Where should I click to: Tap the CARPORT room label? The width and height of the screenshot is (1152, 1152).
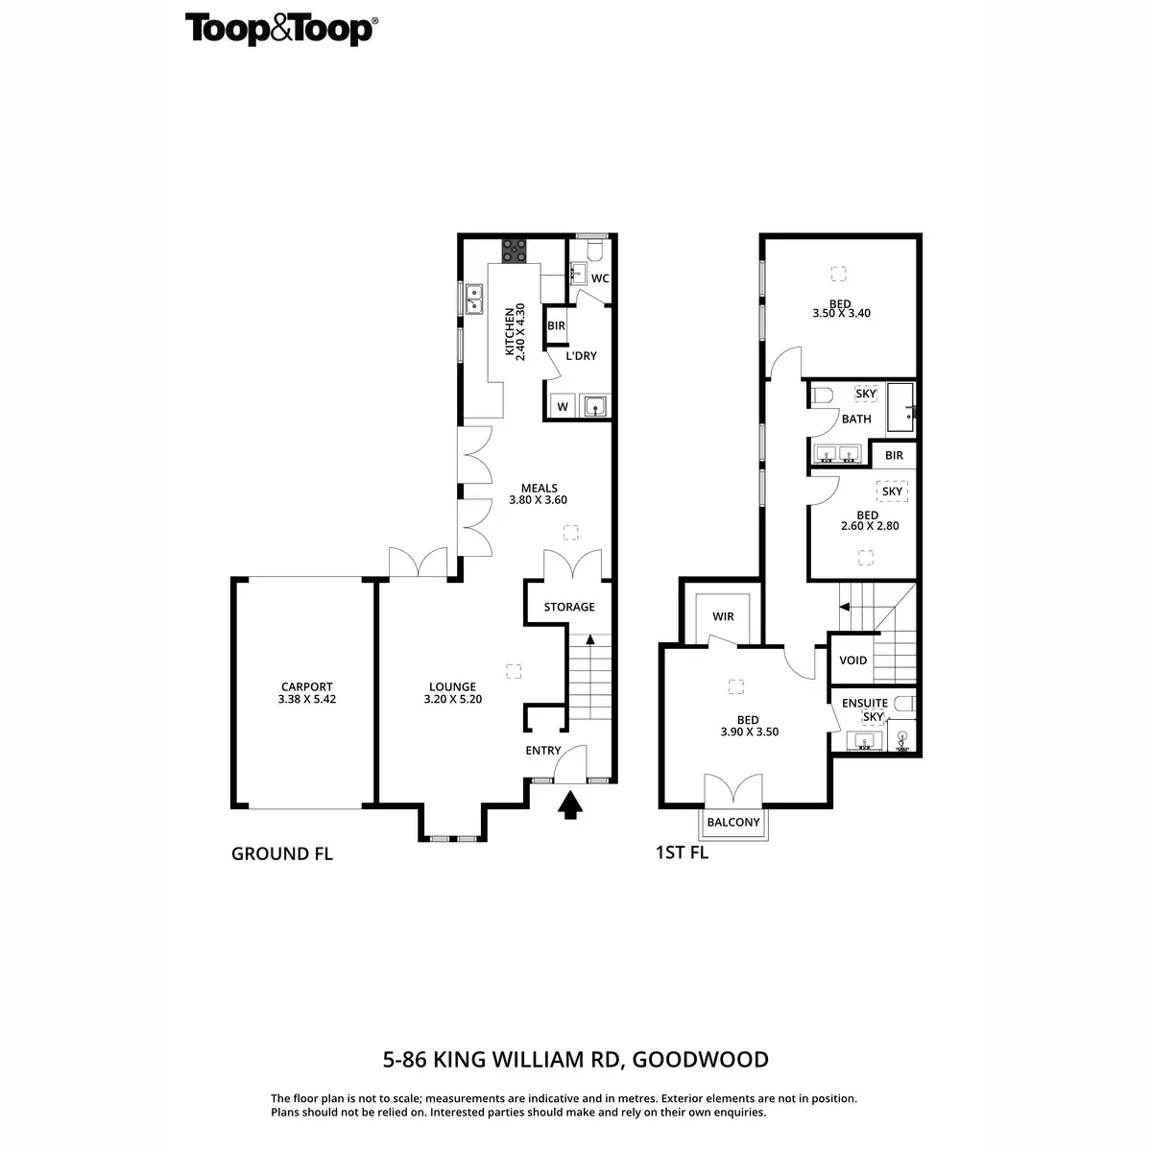pyautogui.click(x=306, y=686)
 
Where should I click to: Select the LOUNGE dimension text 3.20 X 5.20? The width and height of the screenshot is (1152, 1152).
pyautogui.click(x=452, y=700)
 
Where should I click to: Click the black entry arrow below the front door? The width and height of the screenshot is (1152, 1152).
pyautogui.click(x=570, y=804)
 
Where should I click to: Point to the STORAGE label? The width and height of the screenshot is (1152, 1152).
pyautogui.click(x=569, y=607)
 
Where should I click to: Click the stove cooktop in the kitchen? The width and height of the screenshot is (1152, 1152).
pyautogui.click(x=514, y=250)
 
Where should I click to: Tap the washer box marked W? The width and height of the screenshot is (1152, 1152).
pyautogui.click(x=563, y=407)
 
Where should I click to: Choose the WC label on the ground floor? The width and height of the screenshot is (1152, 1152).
pyautogui.click(x=600, y=278)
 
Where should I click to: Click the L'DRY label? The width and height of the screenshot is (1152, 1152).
pyautogui.click(x=581, y=356)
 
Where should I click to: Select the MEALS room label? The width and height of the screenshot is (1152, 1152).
pyautogui.click(x=539, y=488)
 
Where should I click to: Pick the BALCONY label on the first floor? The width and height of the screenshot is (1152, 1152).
pyautogui.click(x=733, y=823)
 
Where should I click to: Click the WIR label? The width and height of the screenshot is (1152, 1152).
pyautogui.click(x=723, y=616)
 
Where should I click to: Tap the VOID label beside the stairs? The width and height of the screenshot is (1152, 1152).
pyautogui.click(x=852, y=660)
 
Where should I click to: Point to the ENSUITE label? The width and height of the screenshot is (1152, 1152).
pyautogui.click(x=864, y=703)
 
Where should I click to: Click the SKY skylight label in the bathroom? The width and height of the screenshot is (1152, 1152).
pyautogui.click(x=866, y=394)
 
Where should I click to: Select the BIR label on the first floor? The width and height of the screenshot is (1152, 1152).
pyautogui.click(x=894, y=455)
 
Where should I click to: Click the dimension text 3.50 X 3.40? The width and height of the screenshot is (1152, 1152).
pyautogui.click(x=841, y=313)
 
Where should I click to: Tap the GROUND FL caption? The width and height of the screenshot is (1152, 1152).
pyautogui.click(x=282, y=853)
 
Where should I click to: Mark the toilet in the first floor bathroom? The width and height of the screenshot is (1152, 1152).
pyautogui.click(x=822, y=395)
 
